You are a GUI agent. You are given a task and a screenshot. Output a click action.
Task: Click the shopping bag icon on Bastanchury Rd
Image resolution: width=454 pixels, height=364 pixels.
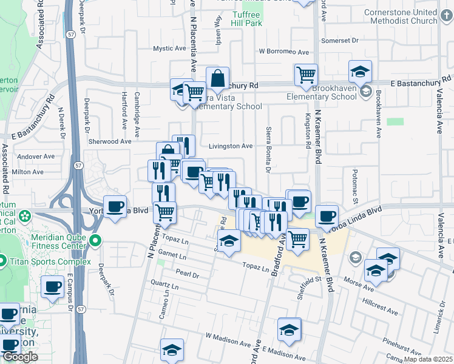click(x=217, y=78)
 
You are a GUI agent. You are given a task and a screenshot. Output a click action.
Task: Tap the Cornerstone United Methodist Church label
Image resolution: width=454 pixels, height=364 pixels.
click(x=401, y=16)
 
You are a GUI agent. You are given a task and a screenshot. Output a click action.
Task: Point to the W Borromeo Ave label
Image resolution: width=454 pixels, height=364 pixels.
click(x=284, y=52)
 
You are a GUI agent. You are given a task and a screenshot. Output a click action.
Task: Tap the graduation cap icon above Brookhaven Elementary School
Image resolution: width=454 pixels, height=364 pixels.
click(x=361, y=72)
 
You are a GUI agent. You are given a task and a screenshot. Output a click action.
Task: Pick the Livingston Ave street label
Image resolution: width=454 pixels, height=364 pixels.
click(x=231, y=146)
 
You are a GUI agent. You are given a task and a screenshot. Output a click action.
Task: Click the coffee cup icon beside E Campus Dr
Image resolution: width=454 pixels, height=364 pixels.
click(x=53, y=286)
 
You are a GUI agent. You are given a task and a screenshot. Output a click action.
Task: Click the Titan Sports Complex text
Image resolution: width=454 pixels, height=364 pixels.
click(x=50, y=262)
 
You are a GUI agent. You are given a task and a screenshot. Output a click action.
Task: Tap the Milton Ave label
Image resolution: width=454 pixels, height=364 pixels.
click(x=29, y=172)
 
